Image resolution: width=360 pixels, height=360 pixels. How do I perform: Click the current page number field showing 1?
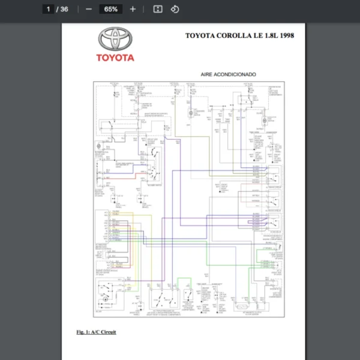pyautogui.click(x=49, y=9)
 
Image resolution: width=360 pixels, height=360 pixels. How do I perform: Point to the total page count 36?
pyautogui.click(x=64, y=9)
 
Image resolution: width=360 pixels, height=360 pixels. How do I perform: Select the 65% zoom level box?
pyautogui.click(x=110, y=9)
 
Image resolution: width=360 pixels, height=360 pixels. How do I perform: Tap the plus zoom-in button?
pyautogui.click(x=133, y=9)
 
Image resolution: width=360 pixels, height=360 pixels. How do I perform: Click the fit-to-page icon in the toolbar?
pyautogui.click(x=158, y=9)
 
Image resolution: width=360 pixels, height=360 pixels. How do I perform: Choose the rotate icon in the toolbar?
pyautogui.click(x=175, y=9)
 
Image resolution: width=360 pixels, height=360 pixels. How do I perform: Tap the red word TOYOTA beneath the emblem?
pyautogui.click(x=116, y=58)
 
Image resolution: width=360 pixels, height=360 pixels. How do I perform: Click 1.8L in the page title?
pyautogui.click(x=268, y=35)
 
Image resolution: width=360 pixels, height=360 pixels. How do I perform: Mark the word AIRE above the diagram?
pyautogui.click(x=211, y=74)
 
